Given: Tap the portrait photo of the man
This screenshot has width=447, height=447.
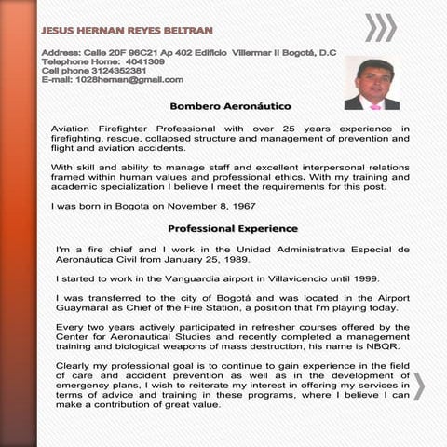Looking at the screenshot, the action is click(371, 84).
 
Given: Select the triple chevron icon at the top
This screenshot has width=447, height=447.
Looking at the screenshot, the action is click(379, 28).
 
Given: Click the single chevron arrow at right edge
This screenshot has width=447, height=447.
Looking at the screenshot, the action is click(419, 386).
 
